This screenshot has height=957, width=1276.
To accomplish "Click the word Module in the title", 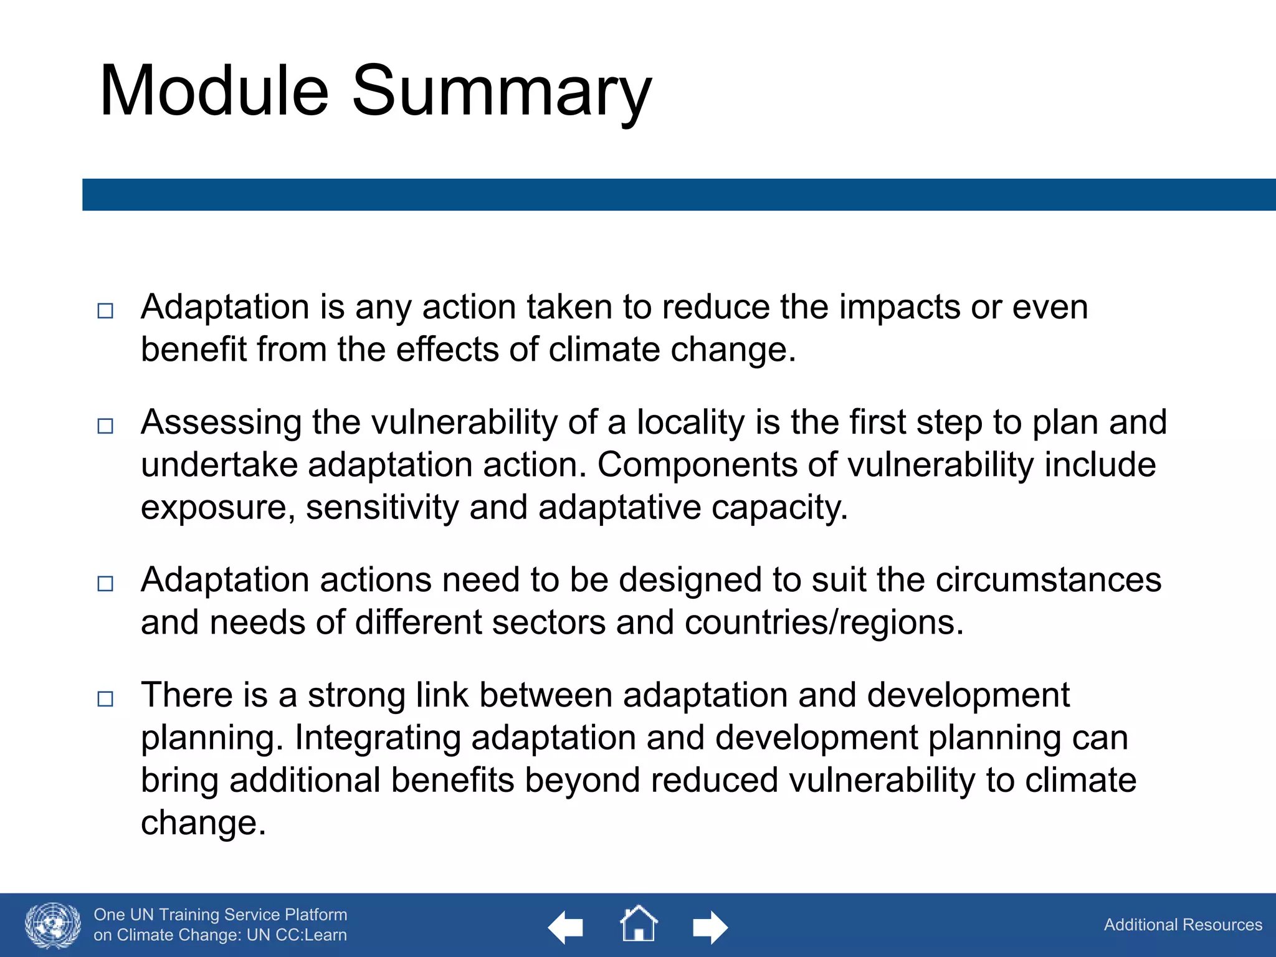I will pyautogui.click(x=214, y=91).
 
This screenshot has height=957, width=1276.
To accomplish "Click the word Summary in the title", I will pyautogui.click(x=502, y=93).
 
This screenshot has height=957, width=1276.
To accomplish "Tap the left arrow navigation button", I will pyautogui.click(x=565, y=927).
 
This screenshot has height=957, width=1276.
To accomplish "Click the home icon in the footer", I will pyautogui.click(x=639, y=924).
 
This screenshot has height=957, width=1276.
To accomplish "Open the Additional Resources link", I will pyautogui.click(x=1183, y=925).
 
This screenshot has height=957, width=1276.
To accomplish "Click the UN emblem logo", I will pyautogui.click(x=53, y=925).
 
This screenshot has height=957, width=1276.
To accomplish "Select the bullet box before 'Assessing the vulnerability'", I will pyautogui.click(x=106, y=426).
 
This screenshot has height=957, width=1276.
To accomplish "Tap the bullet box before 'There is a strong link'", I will pyautogui.click(x=106, y=698).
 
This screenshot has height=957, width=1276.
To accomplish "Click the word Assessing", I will pyautogui.click(x=221, y=423).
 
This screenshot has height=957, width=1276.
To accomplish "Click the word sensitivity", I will pyautogui.click(x=382, y=507).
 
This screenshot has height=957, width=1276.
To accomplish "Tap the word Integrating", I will pyautogui.click(x=378, y=738).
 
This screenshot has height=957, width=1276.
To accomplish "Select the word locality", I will pyautogui.click(x=690, y=423).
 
